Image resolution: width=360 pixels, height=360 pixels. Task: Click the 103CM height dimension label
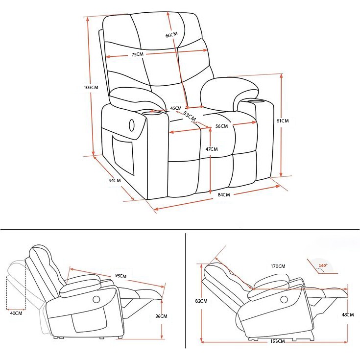(91, 88)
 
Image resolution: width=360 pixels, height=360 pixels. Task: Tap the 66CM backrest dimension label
(171, 35)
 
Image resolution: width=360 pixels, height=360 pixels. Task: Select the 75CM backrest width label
(137, 54)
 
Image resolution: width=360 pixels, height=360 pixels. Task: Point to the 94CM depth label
(115, 180)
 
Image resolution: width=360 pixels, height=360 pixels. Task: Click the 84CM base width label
(224, 195)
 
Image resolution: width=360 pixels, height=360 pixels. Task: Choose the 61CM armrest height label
(283, 121)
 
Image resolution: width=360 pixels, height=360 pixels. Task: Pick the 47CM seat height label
(212, 149)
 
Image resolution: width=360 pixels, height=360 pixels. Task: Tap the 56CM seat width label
(221, 126)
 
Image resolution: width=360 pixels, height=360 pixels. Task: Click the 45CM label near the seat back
(176, 108)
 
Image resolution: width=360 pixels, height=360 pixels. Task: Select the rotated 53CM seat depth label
(190, 117)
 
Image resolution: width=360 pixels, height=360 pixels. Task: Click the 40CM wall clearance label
(16, 313)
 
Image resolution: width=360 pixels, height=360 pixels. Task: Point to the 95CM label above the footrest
(121, 275)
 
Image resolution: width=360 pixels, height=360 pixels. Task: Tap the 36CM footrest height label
(161, 316)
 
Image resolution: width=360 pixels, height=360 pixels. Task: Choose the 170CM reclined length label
(278, 266)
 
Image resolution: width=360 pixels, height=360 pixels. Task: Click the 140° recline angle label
(323, 265)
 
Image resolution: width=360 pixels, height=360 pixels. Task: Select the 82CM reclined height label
(201, 301)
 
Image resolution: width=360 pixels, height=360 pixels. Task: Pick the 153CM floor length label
(277, 341)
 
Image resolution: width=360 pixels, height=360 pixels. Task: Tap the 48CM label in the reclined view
(348, 315)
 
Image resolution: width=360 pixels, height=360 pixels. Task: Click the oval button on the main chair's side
(132, 125)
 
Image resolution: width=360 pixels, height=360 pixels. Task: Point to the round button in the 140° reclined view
(284, 299)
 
